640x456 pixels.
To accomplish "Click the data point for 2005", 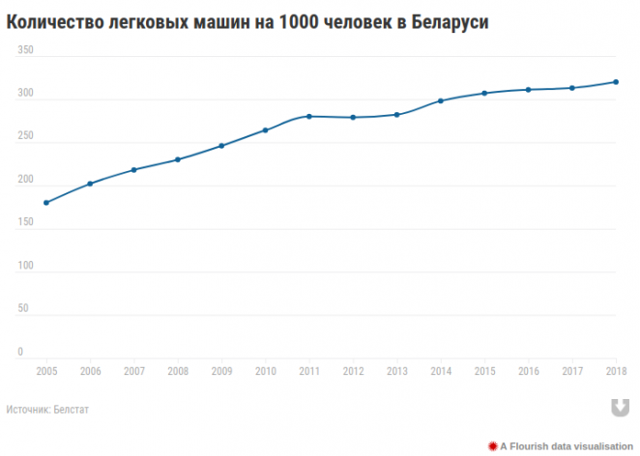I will pyautogui.click(x=46, y=203).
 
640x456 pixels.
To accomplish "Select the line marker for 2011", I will pyautogui.click(x=309, y=116).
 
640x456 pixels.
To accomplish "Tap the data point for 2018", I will pyautogui.click(x=617, y=82).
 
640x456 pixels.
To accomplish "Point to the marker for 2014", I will pyautogui.click(x=441, y=100).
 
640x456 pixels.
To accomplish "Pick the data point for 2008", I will pyautogui.click(x=178, y=159).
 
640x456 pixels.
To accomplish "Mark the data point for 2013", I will pyautogui.click(x=397, y=115).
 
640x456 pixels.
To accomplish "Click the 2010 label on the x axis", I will pyautogui.click(x=266, y=371).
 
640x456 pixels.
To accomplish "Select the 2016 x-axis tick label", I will pyautogui.click(x=529, y=371).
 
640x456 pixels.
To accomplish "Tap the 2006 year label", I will pyautogui.click(x=90, y=371).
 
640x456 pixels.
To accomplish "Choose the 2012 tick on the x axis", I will pyautogui.click(x=354, y=371).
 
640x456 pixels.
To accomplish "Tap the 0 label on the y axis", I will pyautogui.click(x=19, y=352).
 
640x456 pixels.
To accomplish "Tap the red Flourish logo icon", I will pyautogui.click(x=492, y=444).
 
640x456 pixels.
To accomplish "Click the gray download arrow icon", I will pyautogui.click(x=616, y=408).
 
